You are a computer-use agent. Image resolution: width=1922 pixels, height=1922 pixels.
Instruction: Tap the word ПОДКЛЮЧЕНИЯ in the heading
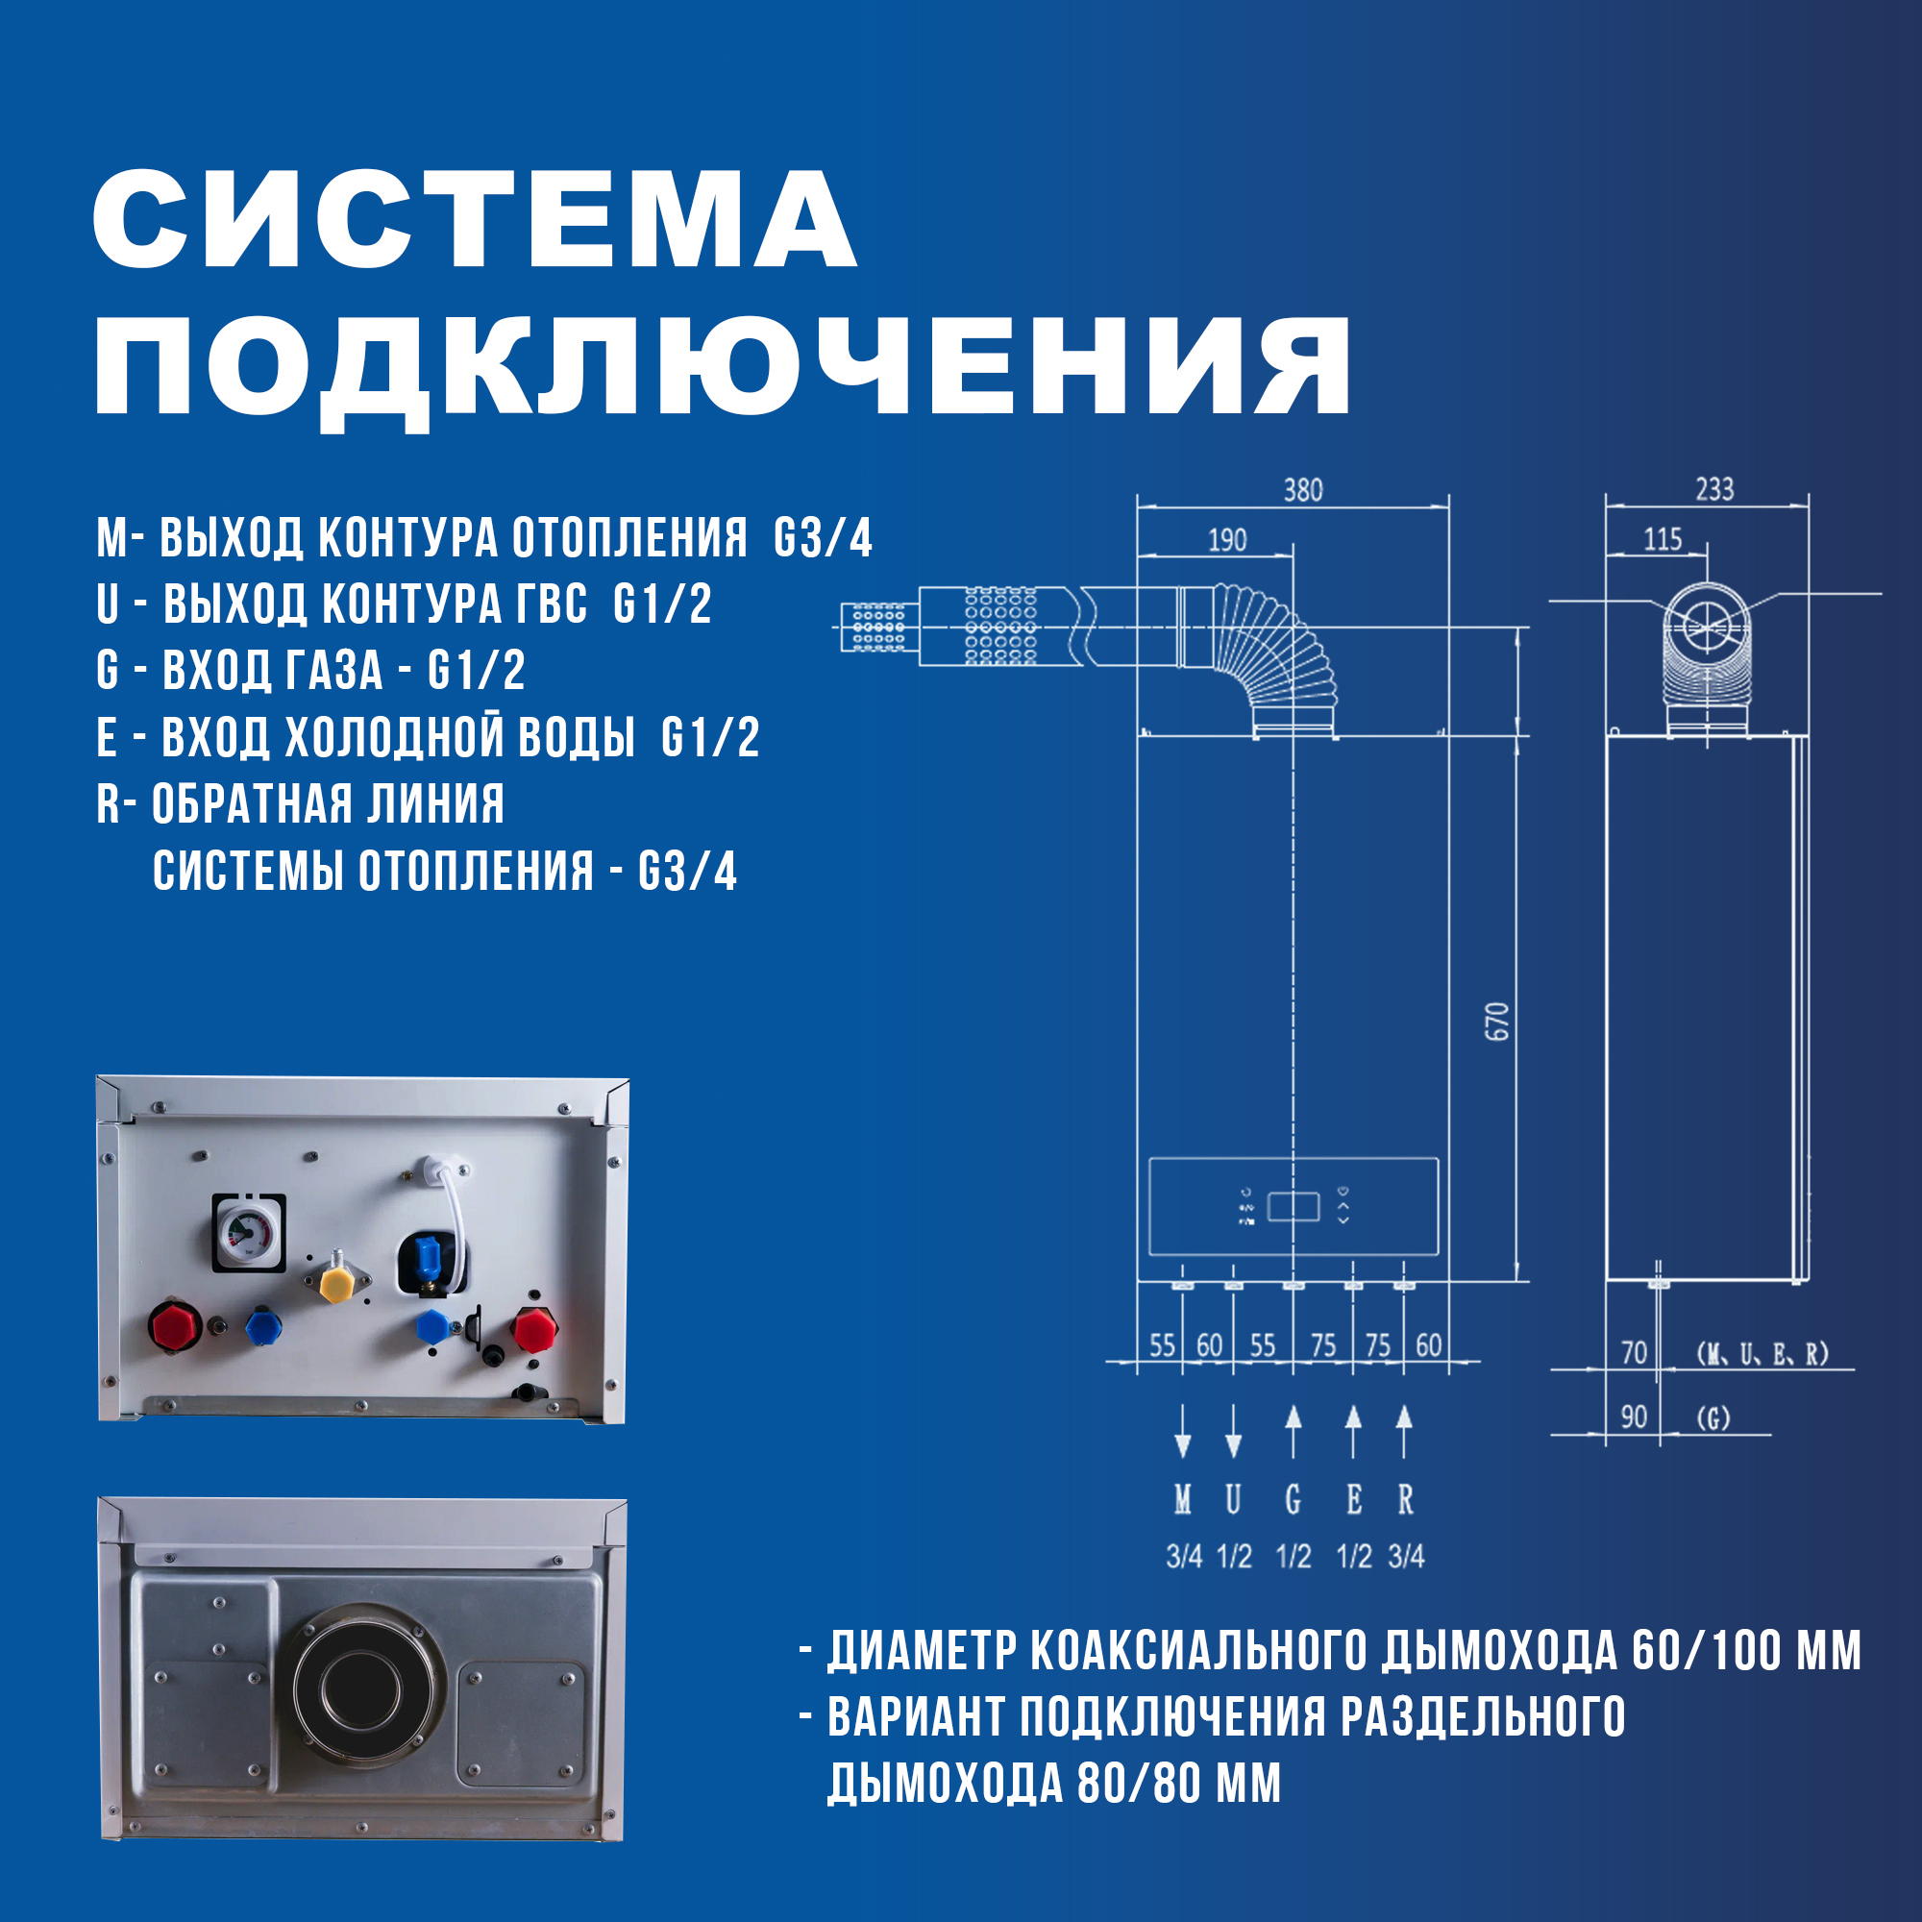(723, 366)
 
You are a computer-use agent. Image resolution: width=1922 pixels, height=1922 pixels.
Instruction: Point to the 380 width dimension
(1302, 490)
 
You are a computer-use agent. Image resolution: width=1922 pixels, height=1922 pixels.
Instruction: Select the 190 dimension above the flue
(1226, 540)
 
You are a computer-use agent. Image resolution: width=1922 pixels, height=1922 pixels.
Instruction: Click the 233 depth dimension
(1714, 489)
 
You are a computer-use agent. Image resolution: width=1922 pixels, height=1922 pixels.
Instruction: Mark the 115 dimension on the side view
(1663, 540)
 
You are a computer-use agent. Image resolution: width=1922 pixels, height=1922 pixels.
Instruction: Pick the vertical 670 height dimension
(1497, 1022)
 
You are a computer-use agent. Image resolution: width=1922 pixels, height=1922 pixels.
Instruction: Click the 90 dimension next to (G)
(1634, 1417)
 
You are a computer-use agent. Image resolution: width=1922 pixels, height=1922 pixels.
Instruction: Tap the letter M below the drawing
(1182, 1499)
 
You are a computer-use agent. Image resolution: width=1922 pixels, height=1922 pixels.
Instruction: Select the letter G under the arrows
(1293, 1499)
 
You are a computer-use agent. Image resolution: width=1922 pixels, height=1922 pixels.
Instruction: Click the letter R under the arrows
(1405, 1499)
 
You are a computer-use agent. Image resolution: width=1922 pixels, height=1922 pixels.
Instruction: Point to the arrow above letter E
(1353, 1432)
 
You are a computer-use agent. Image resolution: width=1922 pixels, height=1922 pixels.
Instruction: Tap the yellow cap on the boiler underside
(337, 1284)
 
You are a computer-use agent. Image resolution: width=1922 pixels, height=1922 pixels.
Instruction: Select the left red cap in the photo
(176, 1326)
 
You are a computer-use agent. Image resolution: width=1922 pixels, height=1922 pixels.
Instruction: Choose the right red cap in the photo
(534, 1329)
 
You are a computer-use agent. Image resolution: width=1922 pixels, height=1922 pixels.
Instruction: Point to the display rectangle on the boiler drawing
(1294, 1207)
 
